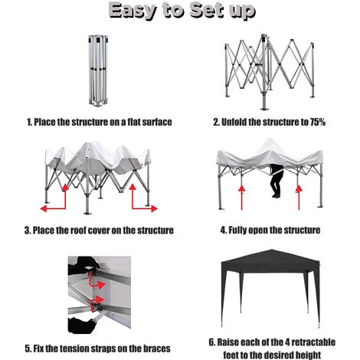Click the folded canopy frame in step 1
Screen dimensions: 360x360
(x=98, y=70)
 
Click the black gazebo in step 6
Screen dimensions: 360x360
(x=270, y=288)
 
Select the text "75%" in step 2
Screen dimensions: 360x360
(x=318, y=122)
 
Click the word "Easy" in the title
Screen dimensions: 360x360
(x=133, y=11)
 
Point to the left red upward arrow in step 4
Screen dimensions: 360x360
(x=241, y=198)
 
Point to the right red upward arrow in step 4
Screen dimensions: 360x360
(x=299, y=198)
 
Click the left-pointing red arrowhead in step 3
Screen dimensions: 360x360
(x=44, y=208)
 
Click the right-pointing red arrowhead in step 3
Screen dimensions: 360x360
(x=154, y=208)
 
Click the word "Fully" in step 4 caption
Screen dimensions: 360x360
(x=237, y=231)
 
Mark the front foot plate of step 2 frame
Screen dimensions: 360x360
(x=264, y=109)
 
